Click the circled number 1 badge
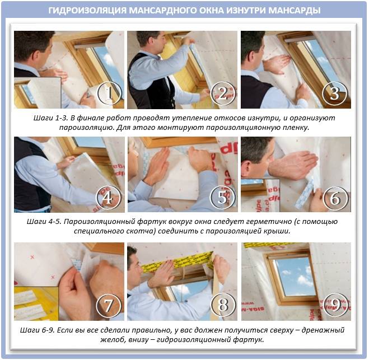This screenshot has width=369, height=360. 109,93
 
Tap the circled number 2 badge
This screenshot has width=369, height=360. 223,93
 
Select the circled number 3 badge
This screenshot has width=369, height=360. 335,93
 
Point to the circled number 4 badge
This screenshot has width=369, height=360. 108,198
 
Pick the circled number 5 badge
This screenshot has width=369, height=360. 223,198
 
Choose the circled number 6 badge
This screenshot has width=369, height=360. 335,198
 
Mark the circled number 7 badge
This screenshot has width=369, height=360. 109,305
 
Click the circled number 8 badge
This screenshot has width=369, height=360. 223,305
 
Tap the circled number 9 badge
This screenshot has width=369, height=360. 335,305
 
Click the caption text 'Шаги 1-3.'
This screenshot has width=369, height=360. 50,118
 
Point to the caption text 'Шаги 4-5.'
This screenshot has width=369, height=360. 44,222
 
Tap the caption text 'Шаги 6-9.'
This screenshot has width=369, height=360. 37,330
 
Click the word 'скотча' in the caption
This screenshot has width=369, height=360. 143,232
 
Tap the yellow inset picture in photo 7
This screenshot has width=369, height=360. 36,303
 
